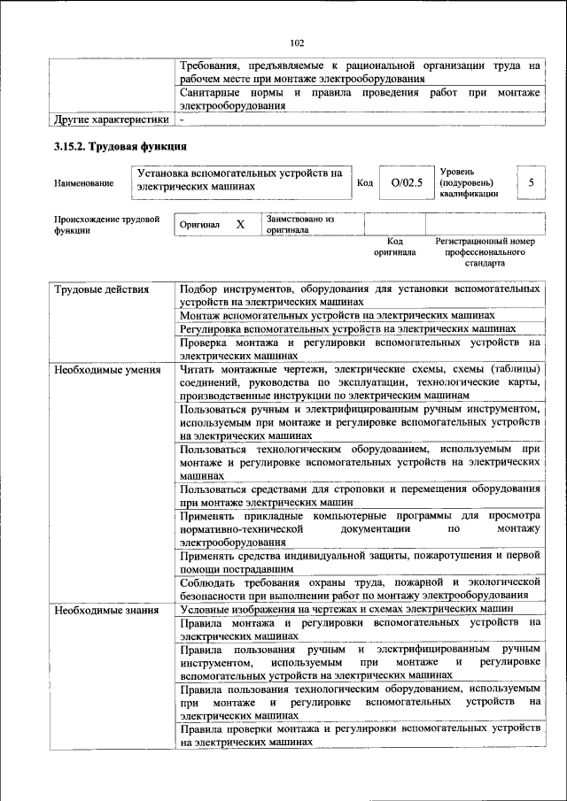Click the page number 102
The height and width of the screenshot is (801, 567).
tap(297, 42)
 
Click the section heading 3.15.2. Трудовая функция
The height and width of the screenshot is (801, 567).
tap(120, 146)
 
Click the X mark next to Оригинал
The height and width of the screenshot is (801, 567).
tap(240, 225)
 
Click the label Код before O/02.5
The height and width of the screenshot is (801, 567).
tap(364, 183)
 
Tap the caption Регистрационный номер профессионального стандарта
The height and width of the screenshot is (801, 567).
tap(485, 251)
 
